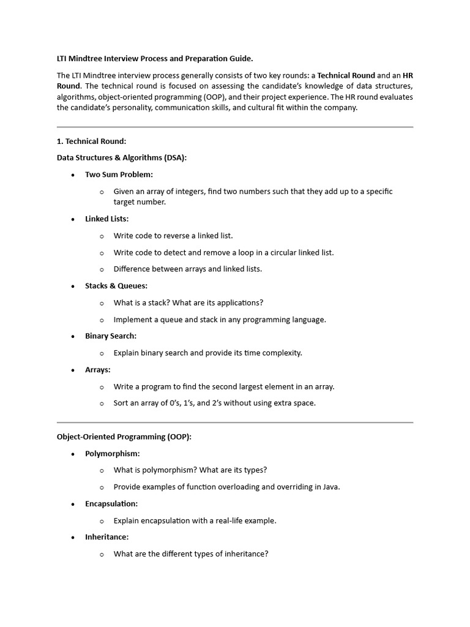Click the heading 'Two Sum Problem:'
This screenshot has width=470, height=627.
coord(119,175)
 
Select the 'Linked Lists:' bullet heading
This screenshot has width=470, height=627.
coord(106,219)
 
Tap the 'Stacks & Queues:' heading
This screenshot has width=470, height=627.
coord(116,286)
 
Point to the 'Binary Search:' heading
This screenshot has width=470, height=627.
coord(111,336)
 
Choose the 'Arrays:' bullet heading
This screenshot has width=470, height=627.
coord(98,370)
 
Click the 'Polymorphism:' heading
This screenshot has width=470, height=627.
coord(113,454)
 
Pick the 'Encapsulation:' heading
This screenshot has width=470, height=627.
coord(111,504)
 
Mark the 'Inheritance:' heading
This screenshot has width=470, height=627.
coord(106,537)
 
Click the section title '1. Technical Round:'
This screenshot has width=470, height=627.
coord(91,141)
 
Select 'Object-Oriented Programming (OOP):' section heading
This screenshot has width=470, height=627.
coord(124,437)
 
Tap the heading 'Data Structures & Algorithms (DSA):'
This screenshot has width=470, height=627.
coord(122,158)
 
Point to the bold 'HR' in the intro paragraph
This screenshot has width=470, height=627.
coord(408,75)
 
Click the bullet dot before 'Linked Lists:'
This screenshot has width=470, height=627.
coord(73,219)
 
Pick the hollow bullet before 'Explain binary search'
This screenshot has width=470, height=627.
coord(102,353)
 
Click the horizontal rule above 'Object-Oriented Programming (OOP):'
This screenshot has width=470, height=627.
coord(235,422)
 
